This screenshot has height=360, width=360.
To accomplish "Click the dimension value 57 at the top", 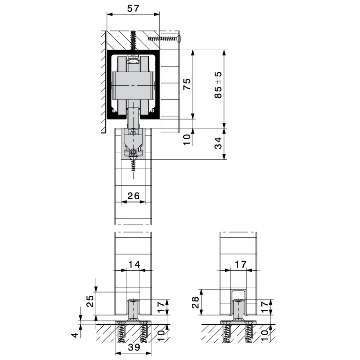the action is pyautogui.click(x=133, y=8).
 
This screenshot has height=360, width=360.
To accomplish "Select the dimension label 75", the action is pyautogui.click(x=187, y=84).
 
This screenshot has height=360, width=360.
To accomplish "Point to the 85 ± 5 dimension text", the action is pyautogui.click(x=218, y=85).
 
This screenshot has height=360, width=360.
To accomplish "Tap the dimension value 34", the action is pyautogui.click(x=218, y=143).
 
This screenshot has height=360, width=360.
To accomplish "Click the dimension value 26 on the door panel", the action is pyautogui.click(x=134, y=196).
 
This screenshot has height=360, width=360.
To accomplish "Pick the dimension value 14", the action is pyautogui.click(x=134, y=264).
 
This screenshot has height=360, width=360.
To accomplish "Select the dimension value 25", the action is pyautogui.click(x=90, y=301).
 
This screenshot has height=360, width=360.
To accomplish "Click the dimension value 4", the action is pyautogui.click(x=75, y=335).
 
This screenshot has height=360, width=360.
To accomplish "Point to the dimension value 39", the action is pyautogui.click(x=134, y=347).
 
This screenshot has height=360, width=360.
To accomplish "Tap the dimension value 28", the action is pyautogui.click(x=195, y=303).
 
